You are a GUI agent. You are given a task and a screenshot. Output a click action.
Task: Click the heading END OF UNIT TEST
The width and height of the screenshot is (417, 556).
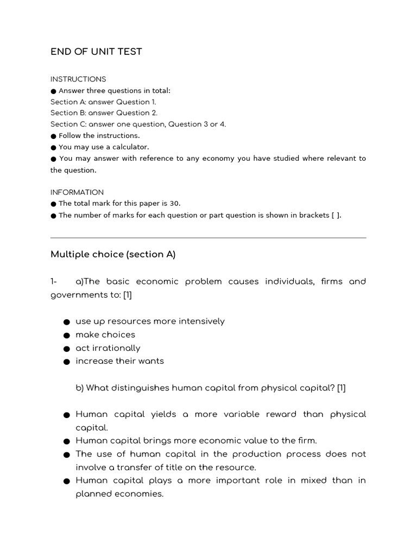pyautogui.click(x=96, y=52)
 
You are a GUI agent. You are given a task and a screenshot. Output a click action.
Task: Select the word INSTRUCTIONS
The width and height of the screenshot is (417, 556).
pyautogui.click(x=78, y=79)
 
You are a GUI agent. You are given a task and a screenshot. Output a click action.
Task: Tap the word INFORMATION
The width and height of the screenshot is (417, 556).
pyautogui.click(x=77, y=192)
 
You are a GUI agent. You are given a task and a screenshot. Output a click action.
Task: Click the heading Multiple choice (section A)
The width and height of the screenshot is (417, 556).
pyautogui.click(x=113, y=254)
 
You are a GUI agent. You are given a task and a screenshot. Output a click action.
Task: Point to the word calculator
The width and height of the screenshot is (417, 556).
pyautogui.click(x=130, y=147)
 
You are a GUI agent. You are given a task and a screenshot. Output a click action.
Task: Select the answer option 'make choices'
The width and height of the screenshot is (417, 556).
pyautogui.click(x=105, y=334)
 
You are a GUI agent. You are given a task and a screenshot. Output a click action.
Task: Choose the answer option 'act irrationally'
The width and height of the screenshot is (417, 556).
pyautogui.click(x=108, y=348)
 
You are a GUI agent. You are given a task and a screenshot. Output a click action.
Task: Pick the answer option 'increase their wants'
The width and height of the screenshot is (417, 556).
pyautogui.click(x=119, y=361)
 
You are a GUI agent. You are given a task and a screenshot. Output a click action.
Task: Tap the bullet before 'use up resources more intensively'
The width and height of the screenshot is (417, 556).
pyautogui.click(x=66, y=322)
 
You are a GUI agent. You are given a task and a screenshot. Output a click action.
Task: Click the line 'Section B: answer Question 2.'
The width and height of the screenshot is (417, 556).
pyautogui.click(x=104, y=113)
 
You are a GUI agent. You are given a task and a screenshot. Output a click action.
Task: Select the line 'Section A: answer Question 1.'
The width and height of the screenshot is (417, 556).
pyautogui.click(x=103, y=102)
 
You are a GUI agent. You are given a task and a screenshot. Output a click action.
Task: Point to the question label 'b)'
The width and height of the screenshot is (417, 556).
pyautogui.click(x=80, y=388)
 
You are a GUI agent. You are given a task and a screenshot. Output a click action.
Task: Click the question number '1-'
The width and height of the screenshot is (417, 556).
pyautogui.click(x=54, y=281)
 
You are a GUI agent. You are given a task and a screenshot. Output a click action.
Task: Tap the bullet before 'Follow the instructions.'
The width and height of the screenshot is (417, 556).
pyautogui.click(x=53, y=136)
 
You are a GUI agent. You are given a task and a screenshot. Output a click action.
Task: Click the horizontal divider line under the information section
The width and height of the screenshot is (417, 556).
pyautogui.click(x=208, y=237)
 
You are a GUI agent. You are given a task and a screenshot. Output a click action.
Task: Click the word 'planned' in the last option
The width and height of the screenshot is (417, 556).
pyautogui.click(x=93, y=494)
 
